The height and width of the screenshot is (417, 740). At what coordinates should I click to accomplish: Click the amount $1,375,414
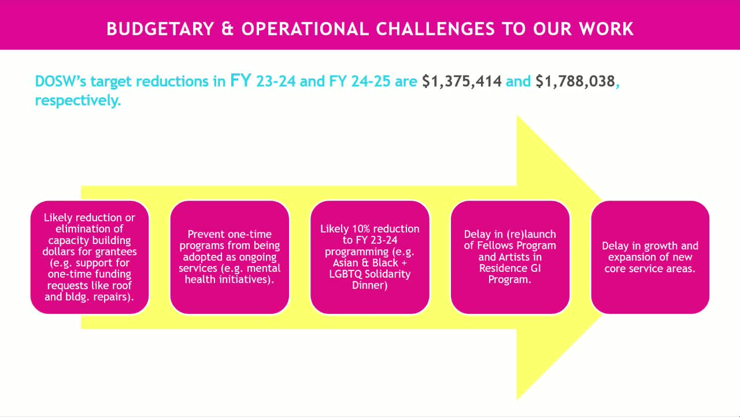[461, 81]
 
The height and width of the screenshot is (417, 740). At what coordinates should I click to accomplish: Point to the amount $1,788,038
[575, 81]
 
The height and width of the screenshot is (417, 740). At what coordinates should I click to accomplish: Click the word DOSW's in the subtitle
[60, 81]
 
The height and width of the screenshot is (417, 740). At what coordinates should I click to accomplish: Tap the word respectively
[77, 101]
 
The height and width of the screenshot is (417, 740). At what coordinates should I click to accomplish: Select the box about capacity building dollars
[90, 257]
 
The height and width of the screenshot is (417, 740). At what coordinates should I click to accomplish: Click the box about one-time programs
[230, 257]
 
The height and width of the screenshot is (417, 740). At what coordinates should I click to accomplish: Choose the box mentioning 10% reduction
[370, 257]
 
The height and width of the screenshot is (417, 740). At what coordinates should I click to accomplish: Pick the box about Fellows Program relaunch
[510, 257]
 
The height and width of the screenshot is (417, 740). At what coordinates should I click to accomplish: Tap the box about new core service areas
[650, 257]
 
